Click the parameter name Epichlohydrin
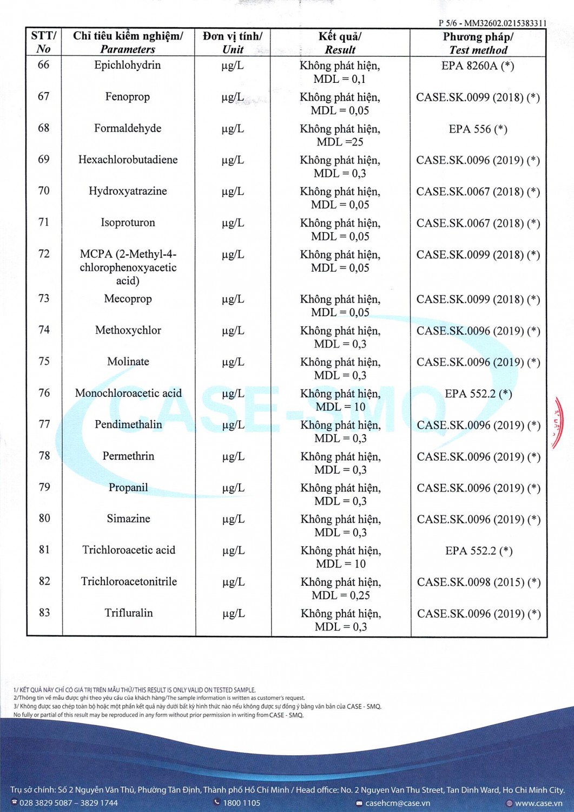127,66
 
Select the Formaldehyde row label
128,128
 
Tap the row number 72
44,254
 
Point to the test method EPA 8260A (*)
478,66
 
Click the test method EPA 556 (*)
478,129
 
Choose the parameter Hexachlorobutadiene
128,160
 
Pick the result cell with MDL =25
340,135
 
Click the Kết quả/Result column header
340,43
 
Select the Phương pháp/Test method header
478,43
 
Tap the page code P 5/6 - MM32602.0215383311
492,23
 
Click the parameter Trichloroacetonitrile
129,581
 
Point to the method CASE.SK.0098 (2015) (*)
479,582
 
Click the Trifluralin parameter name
129,613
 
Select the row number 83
44,613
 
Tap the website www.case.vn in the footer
538,803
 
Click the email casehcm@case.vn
398,803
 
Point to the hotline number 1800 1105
241,803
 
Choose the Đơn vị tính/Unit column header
233,43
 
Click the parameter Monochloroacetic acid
128,393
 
